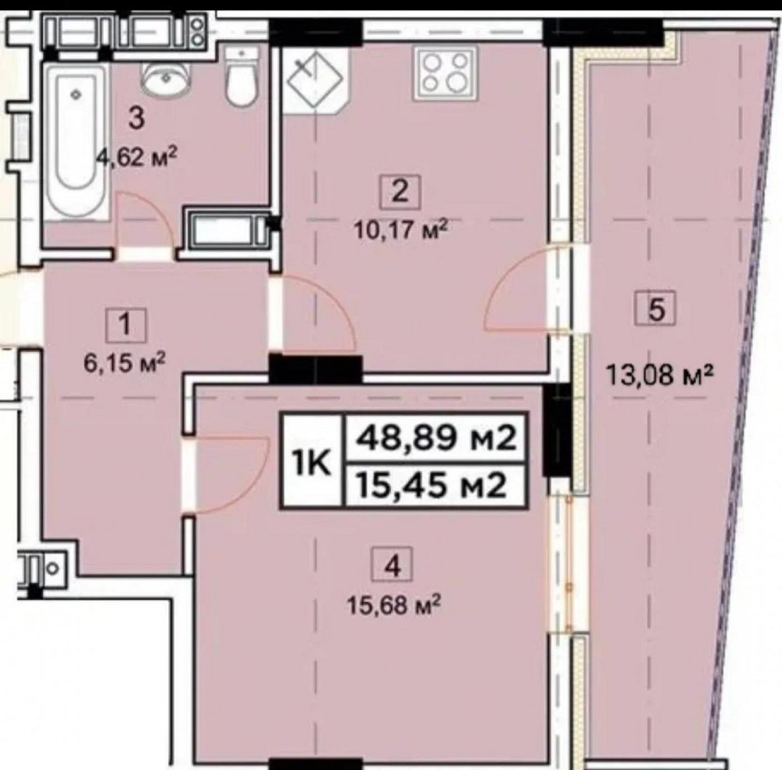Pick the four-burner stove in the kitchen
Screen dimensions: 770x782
point(443,71)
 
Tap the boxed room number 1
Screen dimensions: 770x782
point(128,322)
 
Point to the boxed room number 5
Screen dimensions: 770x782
point(656,308)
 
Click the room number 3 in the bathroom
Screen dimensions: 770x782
point(136,120)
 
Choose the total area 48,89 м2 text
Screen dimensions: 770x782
point(436,439)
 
